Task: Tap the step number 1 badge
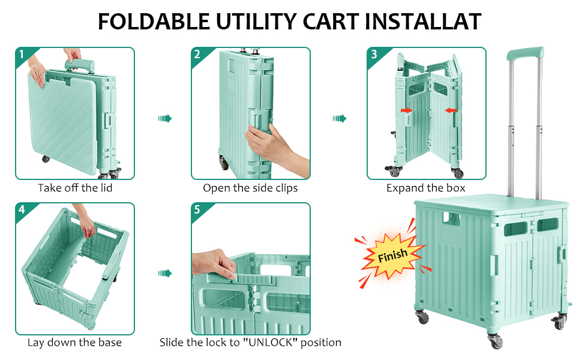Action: [22, 55]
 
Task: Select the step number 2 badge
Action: [198, 55]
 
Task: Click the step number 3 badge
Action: [374, 55]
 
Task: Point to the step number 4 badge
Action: [22, 210]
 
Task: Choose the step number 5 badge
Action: [198, 210]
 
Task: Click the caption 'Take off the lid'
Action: [75, 188]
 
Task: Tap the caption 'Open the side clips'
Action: [250, 188]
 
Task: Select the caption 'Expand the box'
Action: [426, 188]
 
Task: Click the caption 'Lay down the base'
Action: [74, 343]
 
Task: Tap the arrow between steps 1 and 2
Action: [164, 119]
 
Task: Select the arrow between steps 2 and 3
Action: [340, 119]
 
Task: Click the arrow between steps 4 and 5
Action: [164, 274]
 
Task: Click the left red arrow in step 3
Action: [407, 110]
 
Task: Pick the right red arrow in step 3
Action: [451, 110]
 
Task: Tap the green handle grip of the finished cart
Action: [524, 53]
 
